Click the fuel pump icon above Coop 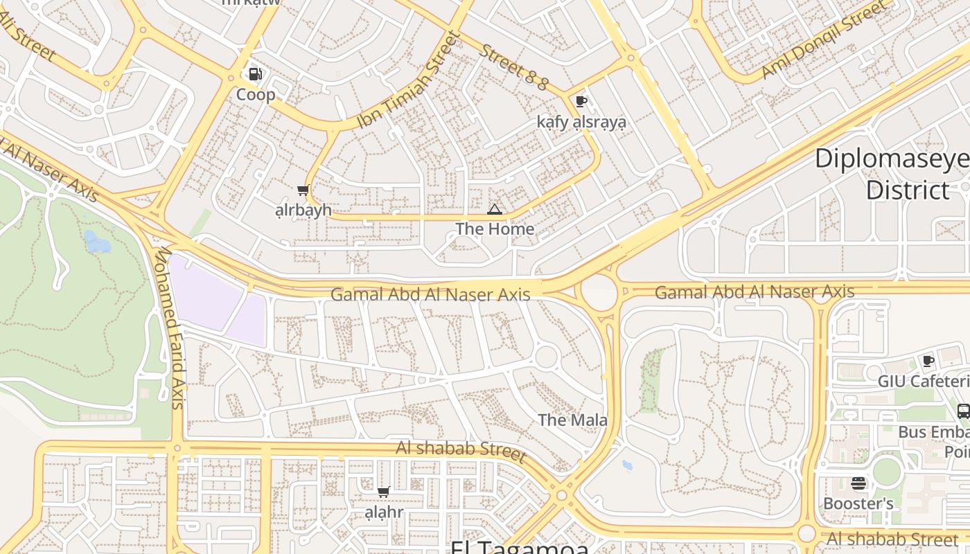click(x=255, y=74)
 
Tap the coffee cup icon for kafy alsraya click(x=581, y=102)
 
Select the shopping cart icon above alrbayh click(x=303, y=190)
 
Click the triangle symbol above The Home click(x=494, y=209)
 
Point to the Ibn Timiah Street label click(x=409, y=81)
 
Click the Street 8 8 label click(x=514, y=67)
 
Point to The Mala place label click(x=572, y=420)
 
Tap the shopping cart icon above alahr click(x=383, y=492)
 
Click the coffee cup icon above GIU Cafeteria click(x=928, y=361)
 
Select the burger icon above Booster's click(x=858, y=483)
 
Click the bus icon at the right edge click(x=963, y=411)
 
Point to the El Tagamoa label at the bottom click(x=520, y=546)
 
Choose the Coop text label click(x=256, y=94)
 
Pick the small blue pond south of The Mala click(x=626, y=465)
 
